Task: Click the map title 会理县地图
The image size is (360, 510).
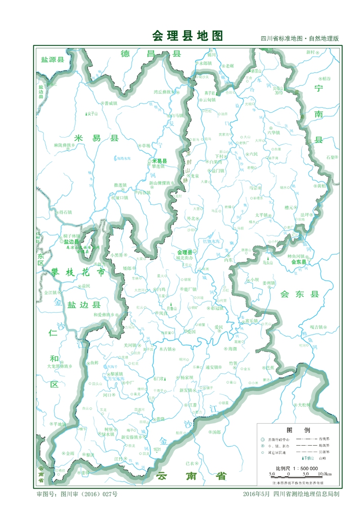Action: point(187,36)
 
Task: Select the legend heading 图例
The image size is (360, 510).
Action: point(295,430)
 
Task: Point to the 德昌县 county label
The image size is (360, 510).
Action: point(151,54)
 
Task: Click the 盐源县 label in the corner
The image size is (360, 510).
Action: point(53,60)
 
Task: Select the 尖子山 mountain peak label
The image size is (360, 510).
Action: point(92,113)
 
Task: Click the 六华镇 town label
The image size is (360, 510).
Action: point(274,132)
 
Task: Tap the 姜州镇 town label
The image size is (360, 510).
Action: point(268,283)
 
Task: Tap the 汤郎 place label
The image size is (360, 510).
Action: point(216,431)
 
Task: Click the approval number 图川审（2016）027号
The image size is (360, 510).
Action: point(77,494)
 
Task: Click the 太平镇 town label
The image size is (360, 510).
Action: point(261,215)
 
